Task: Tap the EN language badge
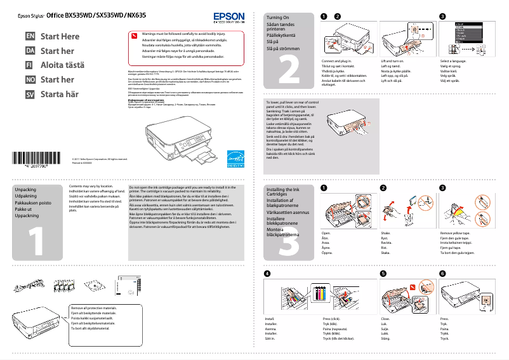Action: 29,37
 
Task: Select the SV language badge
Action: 29,94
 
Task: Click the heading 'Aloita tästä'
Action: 62,65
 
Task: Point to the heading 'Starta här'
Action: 60,94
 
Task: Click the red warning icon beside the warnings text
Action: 133,36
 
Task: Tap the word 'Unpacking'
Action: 26,190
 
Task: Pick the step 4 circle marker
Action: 267,273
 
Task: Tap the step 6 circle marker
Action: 442,273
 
